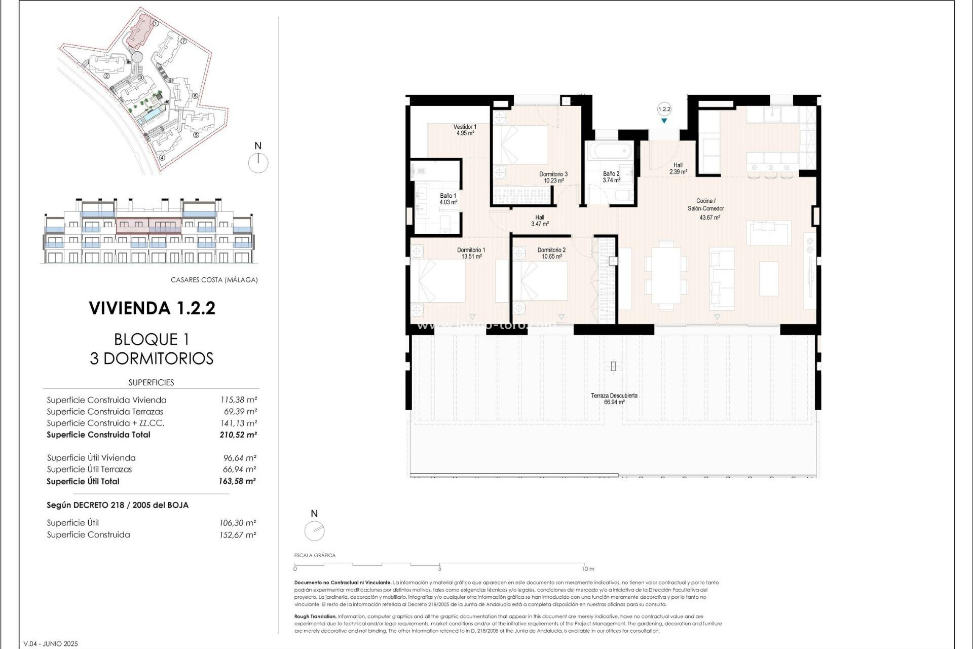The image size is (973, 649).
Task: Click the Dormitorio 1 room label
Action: click(x=471, y=250)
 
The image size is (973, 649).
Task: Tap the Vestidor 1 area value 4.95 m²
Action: click(x=465, y=133)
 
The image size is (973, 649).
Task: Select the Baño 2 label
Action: click(x=611, y=173)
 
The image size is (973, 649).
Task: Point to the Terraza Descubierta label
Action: click(x=614, y=395)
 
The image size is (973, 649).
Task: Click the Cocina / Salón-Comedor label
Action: click(x=705, y=204)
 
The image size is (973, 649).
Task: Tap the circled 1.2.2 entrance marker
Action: click(x=664, y=109)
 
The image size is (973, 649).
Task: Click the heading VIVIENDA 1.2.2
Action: click(x=152, y=308)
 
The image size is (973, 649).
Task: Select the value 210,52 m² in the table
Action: click(x=238, y=435)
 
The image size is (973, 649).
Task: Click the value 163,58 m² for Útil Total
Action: click(x=237, y=481)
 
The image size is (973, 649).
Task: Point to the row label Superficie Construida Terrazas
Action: click(x=105, y=412)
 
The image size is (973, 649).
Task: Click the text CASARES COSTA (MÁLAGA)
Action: click(x=214, y=280)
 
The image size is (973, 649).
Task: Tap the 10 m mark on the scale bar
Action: click(x=587, y=569)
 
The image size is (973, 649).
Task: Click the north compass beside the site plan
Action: click(x=258, y=162)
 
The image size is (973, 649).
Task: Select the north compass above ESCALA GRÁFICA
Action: click(x=314, y=530)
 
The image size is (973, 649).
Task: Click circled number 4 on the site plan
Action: click(x=162, y=157)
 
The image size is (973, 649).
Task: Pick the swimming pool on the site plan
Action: click(x=151, y=117)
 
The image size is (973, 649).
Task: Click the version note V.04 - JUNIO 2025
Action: click(x=51, y=644)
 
